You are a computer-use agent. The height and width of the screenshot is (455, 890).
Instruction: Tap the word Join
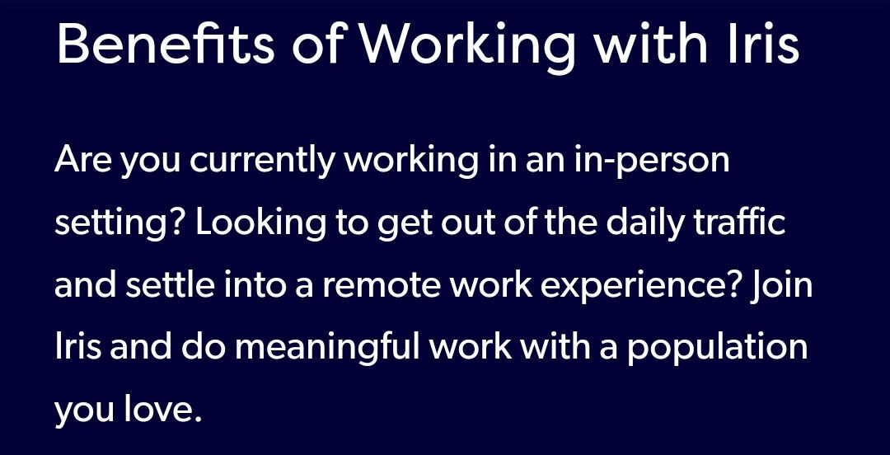point(781,285)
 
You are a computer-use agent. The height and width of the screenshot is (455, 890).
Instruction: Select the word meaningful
point(327,349)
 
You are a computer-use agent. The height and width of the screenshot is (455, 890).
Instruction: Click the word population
point(717,349)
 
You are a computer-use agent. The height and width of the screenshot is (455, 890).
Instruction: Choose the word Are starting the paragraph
point(83,159)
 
